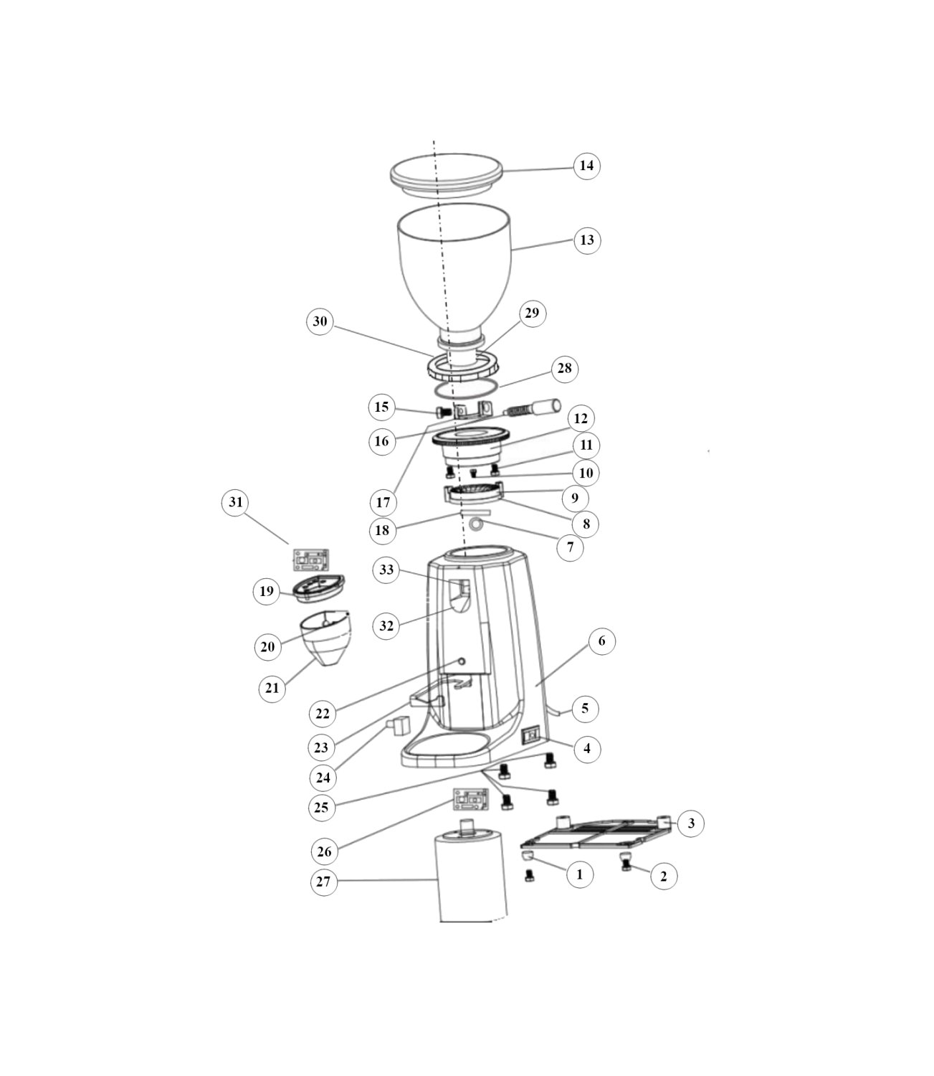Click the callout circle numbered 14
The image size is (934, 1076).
(586, 166)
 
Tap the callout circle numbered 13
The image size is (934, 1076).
(587, 240)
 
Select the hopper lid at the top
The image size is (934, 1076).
(446, 175)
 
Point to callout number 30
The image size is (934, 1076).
(320, 321)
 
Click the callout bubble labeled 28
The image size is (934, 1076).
(564, 368)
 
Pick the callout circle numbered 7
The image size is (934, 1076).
(570, 547)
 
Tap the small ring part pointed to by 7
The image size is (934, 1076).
(476, 524)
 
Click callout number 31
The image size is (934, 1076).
(235, 502)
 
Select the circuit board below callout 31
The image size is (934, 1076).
(310, 560)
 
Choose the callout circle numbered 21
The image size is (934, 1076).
(272, 688)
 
